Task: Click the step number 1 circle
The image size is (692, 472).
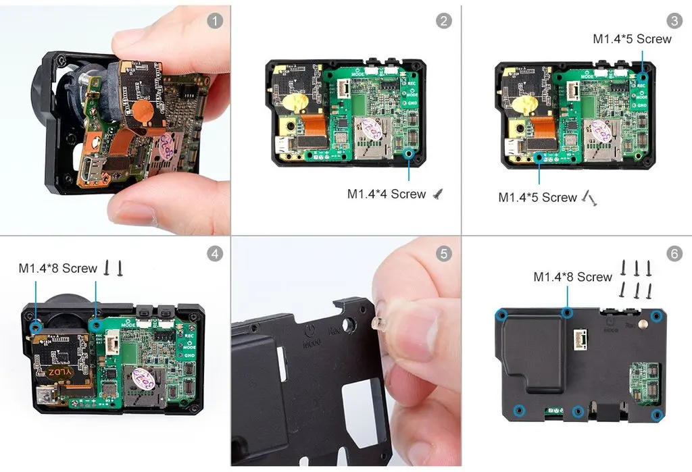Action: click(214, 21)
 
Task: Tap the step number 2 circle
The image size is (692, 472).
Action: click(444, 21)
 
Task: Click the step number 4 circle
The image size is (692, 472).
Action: click(214, 254)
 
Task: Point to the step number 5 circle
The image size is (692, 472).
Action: click(444, 254)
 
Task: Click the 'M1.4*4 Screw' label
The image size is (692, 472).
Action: click(387, 194)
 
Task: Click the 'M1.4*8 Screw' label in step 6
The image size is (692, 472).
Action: click(572, 277)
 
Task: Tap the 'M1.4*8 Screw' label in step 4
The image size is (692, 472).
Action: click(58, 268)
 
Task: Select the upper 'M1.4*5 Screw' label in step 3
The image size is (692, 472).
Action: click(632, 39)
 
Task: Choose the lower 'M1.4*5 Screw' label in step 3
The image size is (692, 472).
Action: click(537, 198)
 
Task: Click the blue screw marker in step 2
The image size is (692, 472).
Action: click(408, 155)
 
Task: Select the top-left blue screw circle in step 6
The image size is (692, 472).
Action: click(501, 315)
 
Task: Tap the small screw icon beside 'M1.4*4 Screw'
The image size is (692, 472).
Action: click(438, 194)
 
